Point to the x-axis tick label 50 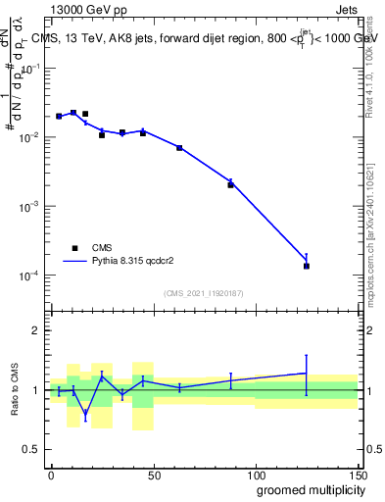(153, 474)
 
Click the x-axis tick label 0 (51, 474)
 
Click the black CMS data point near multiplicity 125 (307, 266)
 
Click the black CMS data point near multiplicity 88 (231, 184)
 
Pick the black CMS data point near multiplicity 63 (179, 147)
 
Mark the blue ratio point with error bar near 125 (307, 373)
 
